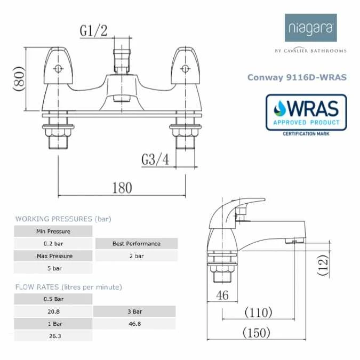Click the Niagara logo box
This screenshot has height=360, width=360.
[x=310, y=28]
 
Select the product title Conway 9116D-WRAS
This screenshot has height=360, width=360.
[x=297, y=77]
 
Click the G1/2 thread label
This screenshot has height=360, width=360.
[x=93, y=31]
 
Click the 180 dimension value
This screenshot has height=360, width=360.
[x=122, y=188]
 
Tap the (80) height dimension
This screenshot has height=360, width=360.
[x=19, y=79]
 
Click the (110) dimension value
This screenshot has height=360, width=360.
[x=258, y=311]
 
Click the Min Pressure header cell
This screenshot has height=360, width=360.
[x=53, y=231]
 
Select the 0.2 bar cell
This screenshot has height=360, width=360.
[x=53, y=244]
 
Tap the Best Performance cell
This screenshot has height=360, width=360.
[x=136, y=244]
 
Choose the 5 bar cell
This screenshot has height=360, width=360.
[x=53, y=268]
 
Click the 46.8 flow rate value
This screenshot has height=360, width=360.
[x=134, y=323]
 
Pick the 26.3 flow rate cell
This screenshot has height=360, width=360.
[x=53, y=336]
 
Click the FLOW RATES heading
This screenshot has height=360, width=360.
[x=68, y=287]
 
